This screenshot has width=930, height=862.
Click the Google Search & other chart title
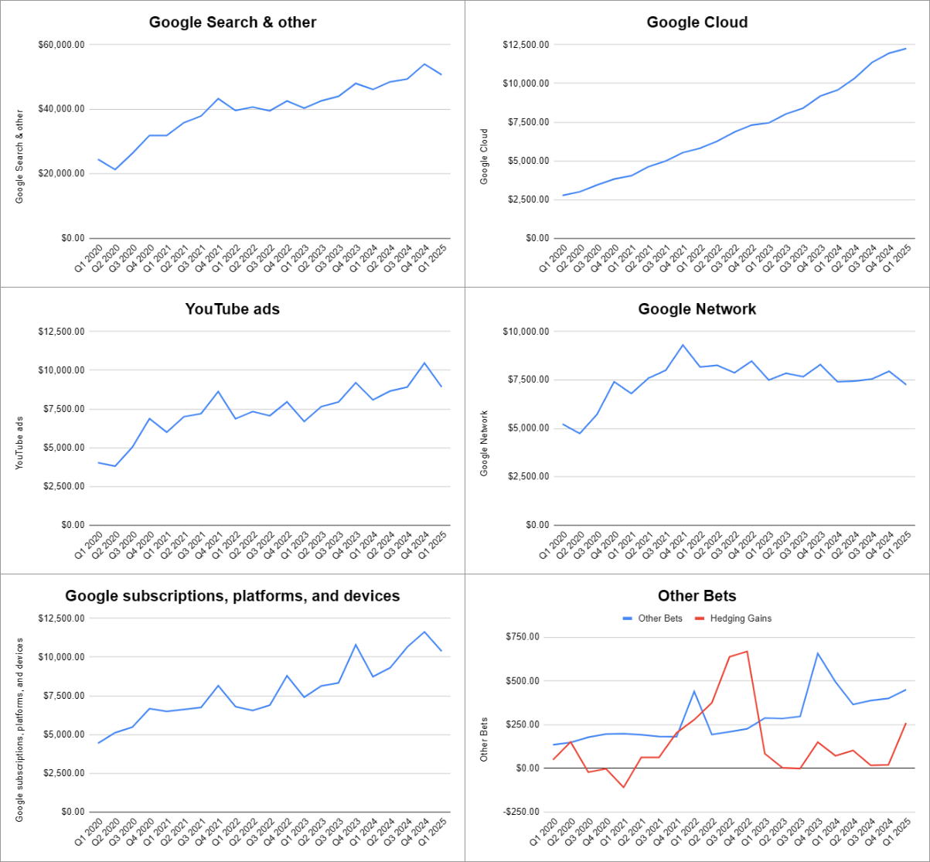pyautogui.click(x=233, y=22)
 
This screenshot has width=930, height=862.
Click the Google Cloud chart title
pyautogui.click(x=697, y=22)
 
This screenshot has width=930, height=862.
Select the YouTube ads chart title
pyautogui.click(x=233, y=309)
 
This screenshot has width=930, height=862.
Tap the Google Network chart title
pyautogui.click(x=697, y=309)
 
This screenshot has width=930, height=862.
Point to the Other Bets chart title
pyautogui.click(x=697, y=596)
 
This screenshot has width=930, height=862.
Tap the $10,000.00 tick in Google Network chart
pyautogui.click(x=526, y=332)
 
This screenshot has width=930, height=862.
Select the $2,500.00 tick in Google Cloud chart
pyautogui.click(x=527, y=199)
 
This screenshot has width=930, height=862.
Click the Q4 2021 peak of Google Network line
pyautogui.click(x=683, y=345)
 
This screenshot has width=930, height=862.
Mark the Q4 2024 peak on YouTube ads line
pyautogui.click(x=424, y=363)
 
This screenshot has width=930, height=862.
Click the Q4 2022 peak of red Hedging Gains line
pyautogui.click(x=747, y=651)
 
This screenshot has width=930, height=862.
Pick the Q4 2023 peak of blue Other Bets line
pyautogui.click(x=818, y=653)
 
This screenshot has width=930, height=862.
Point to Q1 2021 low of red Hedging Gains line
pyautogui.click(x=624, y=787)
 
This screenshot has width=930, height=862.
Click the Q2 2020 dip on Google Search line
pyautogui.click(x=115, y=169)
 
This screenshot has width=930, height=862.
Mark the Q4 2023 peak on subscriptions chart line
pyautogui.click(x=356, y=644)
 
